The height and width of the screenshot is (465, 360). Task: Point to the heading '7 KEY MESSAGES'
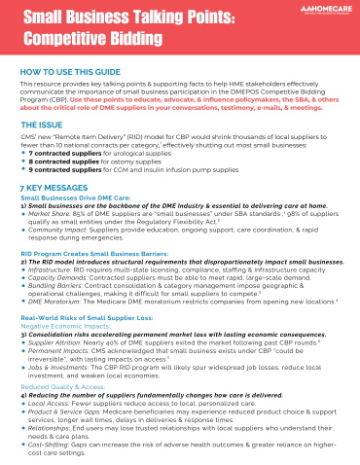point(54,188)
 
